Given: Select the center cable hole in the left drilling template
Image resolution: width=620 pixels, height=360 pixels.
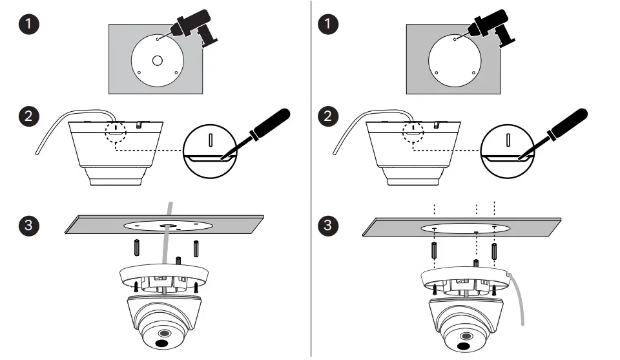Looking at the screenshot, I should [157, 61].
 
